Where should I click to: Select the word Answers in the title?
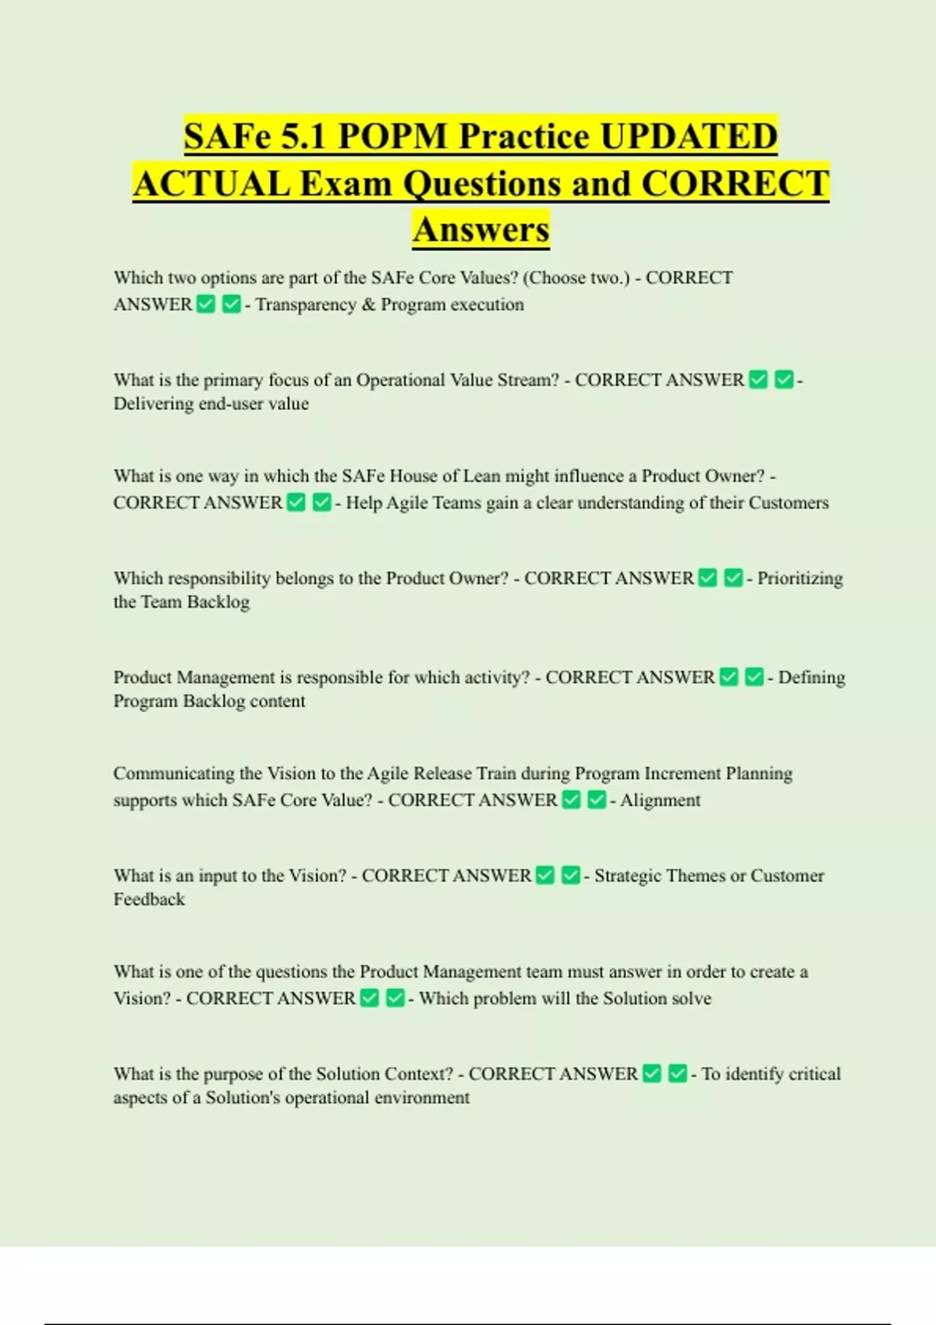tap(481, 229)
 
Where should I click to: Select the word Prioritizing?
tap(800, 578)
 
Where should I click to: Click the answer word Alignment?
tap(660, 800)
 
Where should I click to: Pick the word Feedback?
tap(149, 899)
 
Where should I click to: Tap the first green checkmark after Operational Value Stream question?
tap(758, 380)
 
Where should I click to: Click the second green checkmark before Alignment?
tap(597, 800)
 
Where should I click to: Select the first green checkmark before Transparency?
tap(206, 304)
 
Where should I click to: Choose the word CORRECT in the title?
tap(735, 184)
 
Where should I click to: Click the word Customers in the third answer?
tap(789, 503)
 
